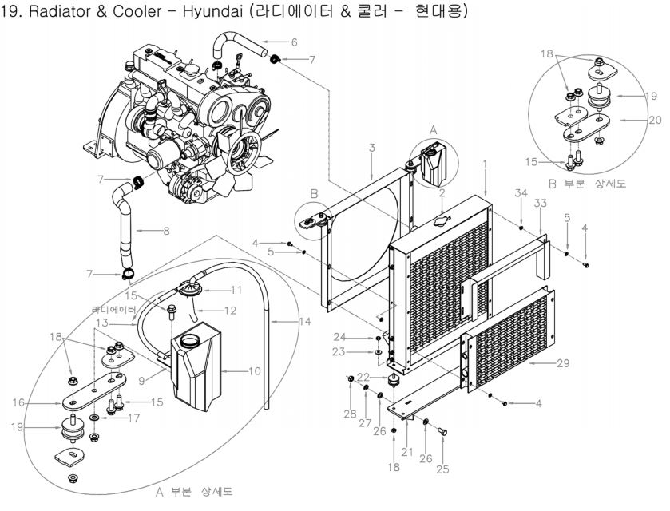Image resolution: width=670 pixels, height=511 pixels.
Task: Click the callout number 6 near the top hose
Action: tap(294, 42)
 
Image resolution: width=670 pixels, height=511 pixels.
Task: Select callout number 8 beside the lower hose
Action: tap(166, 232)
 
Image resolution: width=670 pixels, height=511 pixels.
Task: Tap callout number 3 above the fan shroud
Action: tap(371, 148)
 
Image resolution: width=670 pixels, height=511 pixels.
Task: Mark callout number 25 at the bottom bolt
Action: tap(442, 469)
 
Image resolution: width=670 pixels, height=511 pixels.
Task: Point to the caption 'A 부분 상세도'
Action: tap(195, 490)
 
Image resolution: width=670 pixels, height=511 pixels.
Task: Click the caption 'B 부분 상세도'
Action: tap(595, 183)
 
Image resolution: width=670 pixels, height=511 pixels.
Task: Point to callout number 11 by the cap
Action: tap(237, 288)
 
